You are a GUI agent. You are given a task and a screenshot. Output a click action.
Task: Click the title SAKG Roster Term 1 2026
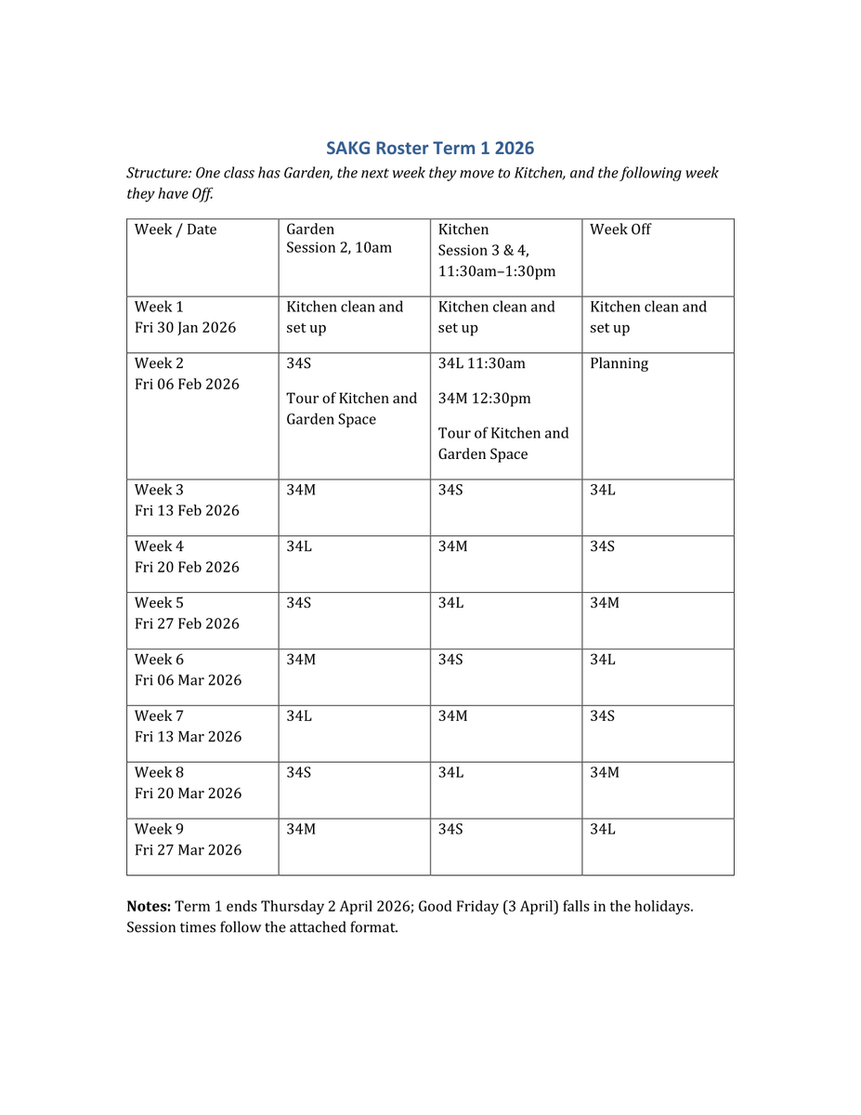[x=430, y=148]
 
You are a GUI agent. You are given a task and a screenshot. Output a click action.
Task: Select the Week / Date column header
[x=176, y=230]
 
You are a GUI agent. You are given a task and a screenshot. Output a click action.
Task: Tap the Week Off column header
[x=620, y=230]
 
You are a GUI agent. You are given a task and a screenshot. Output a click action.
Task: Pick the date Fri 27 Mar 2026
[x=188, y=849]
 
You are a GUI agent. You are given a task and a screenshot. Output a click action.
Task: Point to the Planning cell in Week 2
[x=619, y=363]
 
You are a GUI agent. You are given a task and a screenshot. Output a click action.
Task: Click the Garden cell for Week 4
[x=299, y=546]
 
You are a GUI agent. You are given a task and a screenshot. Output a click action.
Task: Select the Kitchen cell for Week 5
[x=451, y=603]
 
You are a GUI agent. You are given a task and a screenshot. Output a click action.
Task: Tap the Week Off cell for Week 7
[x=602, y=715]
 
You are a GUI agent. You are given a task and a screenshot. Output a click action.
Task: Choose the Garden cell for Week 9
[x=301, y=829]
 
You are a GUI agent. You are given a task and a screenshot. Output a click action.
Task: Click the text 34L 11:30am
[x=481, y=363]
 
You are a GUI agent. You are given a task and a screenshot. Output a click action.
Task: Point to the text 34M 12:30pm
[x=484, y=399]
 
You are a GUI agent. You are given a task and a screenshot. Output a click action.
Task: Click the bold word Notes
[x=149, y=906]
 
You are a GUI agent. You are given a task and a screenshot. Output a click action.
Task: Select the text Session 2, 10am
[x=339, y=248]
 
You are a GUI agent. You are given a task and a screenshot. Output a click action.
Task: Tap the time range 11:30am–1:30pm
[x=496, y=270]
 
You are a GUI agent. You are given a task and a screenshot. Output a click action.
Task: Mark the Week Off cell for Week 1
[x=647, y=317]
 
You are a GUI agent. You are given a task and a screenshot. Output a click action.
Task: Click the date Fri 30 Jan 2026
[x=185, y=327]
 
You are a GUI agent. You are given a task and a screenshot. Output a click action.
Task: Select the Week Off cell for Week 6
[x=602, y=660]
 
